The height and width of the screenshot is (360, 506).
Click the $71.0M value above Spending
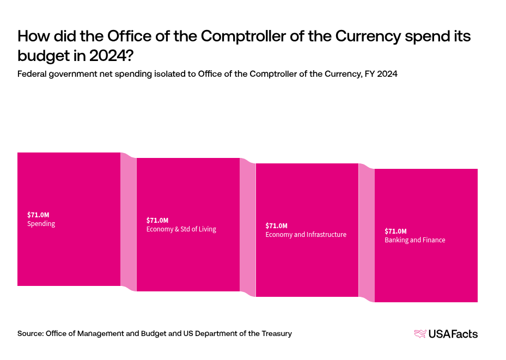click(38, 215)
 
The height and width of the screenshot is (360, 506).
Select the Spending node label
click(41, 224)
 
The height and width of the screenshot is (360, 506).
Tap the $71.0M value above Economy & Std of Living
click(157, 220)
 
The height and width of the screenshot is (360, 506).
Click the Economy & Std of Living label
click(181, 229)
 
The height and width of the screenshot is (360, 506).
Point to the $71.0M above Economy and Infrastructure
click(276, 225)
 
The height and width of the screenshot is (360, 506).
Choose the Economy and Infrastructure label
click(306, 235)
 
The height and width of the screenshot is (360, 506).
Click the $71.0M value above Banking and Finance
click(395, 231)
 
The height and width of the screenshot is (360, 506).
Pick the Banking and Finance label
click(414, 240)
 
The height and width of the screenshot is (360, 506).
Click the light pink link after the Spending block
click(129, 222)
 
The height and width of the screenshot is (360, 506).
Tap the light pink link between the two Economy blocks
click(247, 228)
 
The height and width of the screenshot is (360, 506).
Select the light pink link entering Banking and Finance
click(367, 233)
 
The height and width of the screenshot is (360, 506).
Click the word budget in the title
click(42, 55)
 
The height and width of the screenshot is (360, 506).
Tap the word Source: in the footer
click(31, 333)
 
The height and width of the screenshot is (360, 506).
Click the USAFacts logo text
click(453, 334)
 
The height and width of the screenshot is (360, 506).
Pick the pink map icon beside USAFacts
click(420, 334)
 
